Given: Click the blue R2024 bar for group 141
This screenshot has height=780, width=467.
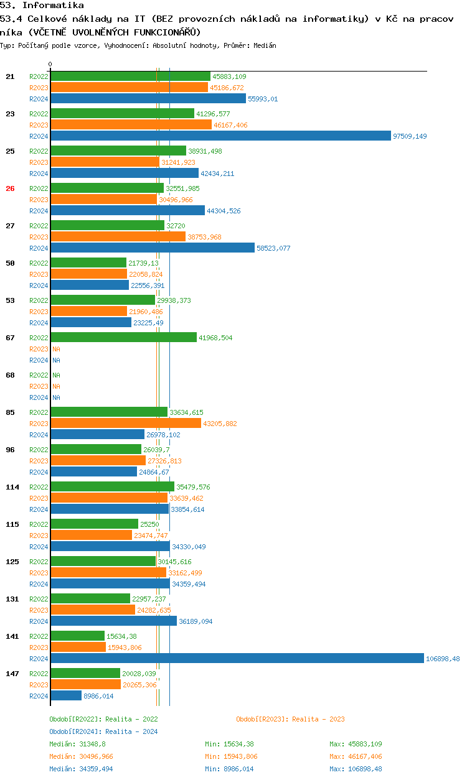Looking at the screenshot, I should [237, 658].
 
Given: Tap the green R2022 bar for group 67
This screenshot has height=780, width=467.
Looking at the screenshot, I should [123, 337].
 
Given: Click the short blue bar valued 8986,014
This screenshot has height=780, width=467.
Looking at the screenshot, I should [66, 695].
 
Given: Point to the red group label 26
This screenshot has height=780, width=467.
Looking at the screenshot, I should [10, 188].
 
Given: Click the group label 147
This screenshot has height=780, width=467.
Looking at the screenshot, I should [12, 674].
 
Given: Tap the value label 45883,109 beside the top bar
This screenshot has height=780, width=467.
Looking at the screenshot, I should [229, 77].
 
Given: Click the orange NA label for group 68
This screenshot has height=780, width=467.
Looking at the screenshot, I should [56, 386].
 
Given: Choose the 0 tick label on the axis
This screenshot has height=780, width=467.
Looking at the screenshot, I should [50, 64].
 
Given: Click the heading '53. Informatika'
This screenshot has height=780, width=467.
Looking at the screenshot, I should [42, 6].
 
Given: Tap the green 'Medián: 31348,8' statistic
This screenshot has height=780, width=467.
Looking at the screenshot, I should [77, 744].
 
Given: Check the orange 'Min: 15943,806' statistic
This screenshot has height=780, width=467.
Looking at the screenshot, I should [231, 756].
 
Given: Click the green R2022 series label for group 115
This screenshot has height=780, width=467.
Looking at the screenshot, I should [39, 524].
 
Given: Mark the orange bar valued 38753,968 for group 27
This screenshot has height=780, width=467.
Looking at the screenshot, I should [118, 236].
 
